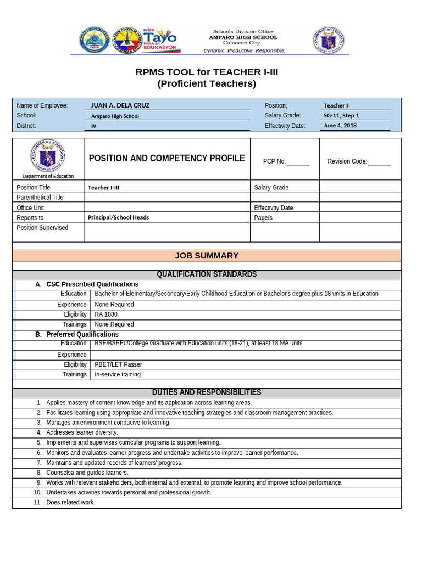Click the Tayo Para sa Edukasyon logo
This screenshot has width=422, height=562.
159,41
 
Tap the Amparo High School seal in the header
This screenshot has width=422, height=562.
95,41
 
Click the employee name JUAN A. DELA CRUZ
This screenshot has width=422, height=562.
120,105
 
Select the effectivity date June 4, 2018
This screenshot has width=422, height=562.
340,126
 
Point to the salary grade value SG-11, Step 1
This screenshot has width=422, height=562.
341,116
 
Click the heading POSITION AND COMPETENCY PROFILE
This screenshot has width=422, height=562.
166,159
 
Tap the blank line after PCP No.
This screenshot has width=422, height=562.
298,162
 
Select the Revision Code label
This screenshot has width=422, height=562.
347,161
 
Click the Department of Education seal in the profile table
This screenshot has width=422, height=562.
48,155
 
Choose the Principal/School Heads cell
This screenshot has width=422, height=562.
118,217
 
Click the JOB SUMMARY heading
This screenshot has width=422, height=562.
207,256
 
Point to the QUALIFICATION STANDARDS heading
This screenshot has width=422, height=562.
207,274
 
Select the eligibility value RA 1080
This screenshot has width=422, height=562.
106,314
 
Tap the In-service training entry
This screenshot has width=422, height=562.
118,374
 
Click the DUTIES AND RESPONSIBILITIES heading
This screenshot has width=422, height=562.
207,392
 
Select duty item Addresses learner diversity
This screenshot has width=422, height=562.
82,432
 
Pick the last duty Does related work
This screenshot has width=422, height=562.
70,503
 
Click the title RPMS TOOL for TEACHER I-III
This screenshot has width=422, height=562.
207,72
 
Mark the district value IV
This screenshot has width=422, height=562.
93,126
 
